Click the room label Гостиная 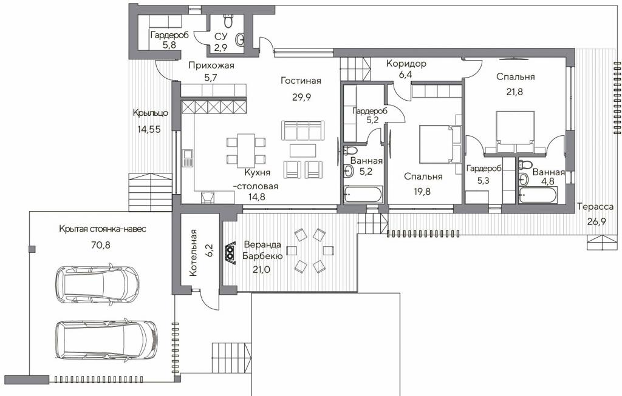pyautogui.click(x=301, y=81)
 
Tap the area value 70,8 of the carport pyautogui.click(x=101, y=245)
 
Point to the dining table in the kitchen pyautogui.click(x=246, y=151)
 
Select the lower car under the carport pyautogui.click(x=106, y=340)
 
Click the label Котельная pyautogui.click(x=193, y=252)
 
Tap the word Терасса pyautogui.click(x=595, y=207)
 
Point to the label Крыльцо pyautogui.click(x=151, y=113)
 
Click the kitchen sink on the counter pyautogui.click(x=188, y=158)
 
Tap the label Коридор pyautogui.click(x=406, y=64)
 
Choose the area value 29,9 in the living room pyautogui.click(x=301, y=98)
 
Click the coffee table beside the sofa pyautogui.click(x=302, y=150)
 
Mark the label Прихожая pyautogui.click(x=211, y=65)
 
